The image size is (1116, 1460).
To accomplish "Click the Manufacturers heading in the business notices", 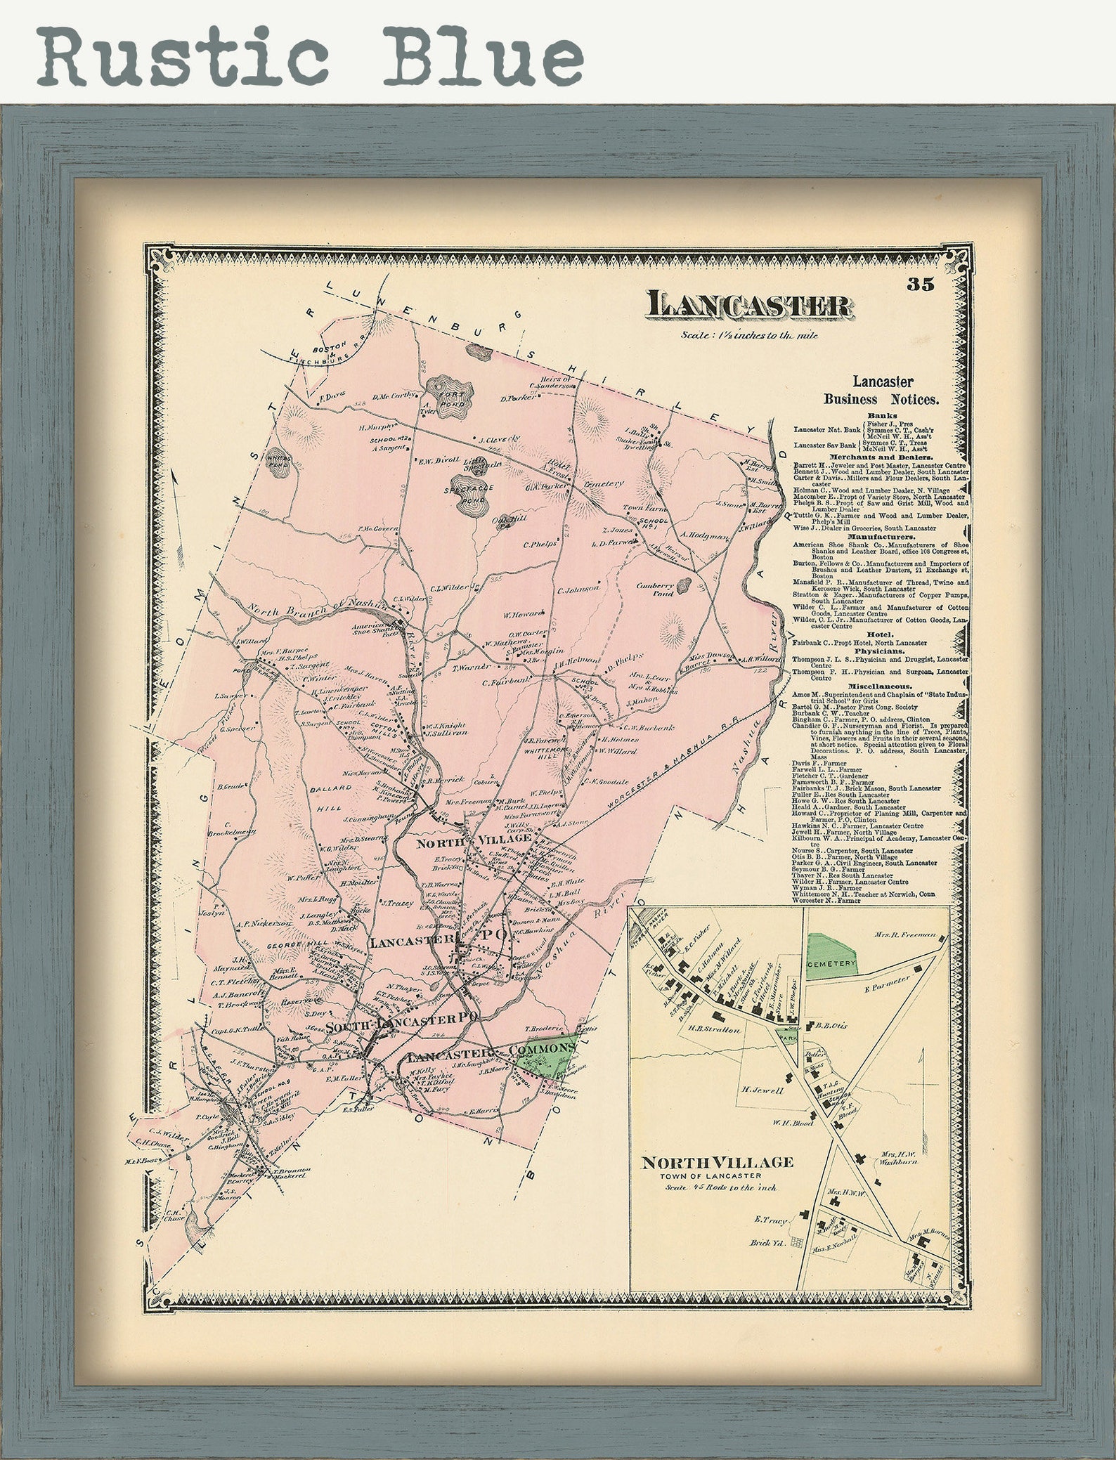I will pos(881,536).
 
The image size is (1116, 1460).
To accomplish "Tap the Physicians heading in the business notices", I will pos(881,651).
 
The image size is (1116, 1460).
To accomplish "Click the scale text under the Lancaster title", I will pos(748,335).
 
